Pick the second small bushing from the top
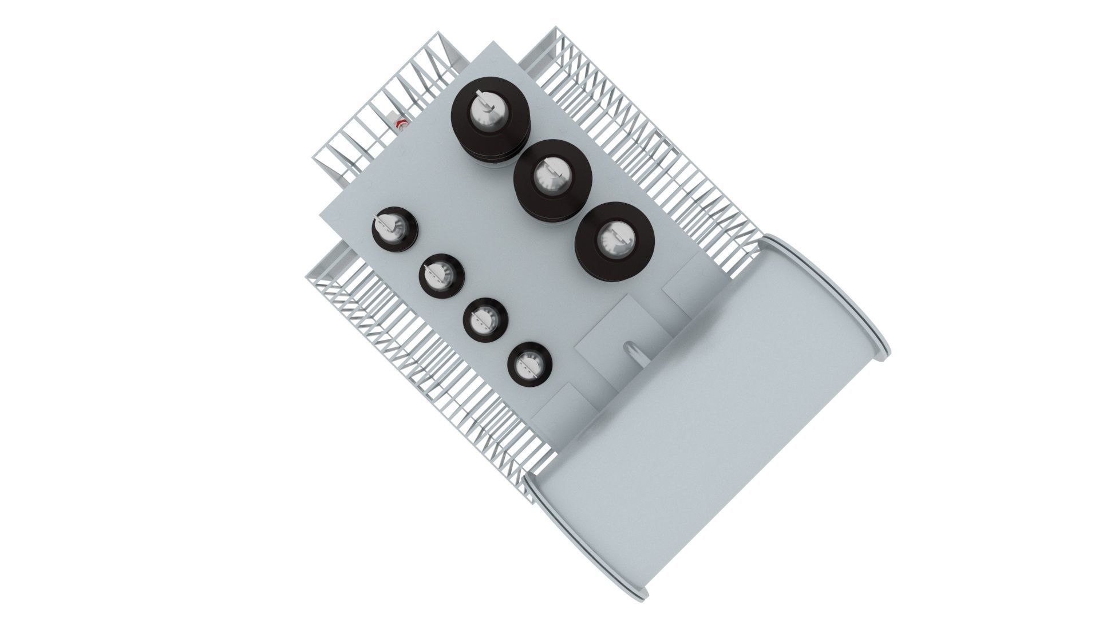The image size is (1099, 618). (x=441, y=276)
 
